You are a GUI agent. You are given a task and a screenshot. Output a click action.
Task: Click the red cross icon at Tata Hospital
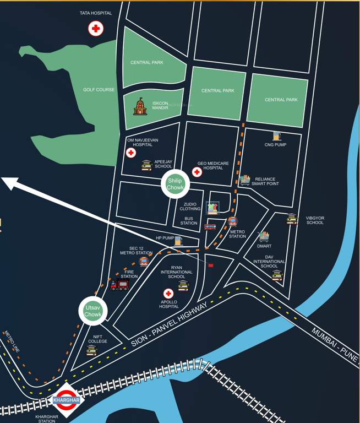[96, 29]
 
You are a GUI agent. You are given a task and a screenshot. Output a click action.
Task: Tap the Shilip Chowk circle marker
[175, 184]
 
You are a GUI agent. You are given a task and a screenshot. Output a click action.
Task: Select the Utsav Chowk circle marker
[92, 311]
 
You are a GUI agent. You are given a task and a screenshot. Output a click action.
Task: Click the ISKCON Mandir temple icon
[140, 106]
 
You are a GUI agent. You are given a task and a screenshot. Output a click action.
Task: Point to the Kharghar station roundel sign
[66, 400]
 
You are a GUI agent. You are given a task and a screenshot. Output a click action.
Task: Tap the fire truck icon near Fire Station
[119, 285]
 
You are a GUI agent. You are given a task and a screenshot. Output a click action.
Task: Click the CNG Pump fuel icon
[276, 135]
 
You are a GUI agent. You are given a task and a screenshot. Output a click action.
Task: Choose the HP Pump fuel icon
[178, 240]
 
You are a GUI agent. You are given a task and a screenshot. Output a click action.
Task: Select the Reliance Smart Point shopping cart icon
[245, 180]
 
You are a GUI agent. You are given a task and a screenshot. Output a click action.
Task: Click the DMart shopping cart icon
[264, 236]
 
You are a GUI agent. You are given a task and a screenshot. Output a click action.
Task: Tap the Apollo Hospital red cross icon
[168, 294]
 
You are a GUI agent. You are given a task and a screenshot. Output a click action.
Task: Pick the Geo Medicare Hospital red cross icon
[197, 172]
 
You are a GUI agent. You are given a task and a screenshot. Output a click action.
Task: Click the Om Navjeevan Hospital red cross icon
[131, 153]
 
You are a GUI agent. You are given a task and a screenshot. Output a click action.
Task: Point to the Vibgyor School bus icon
[292, 219]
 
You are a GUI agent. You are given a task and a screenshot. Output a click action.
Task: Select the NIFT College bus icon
[91, 350]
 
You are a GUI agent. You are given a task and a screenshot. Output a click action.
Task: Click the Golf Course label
[99, 89]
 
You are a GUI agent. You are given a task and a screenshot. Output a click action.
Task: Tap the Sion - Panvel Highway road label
[169, 324]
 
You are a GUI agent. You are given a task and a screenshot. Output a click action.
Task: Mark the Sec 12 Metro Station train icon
[144, 261]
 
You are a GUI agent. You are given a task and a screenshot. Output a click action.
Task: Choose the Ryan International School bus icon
[183, 285]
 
